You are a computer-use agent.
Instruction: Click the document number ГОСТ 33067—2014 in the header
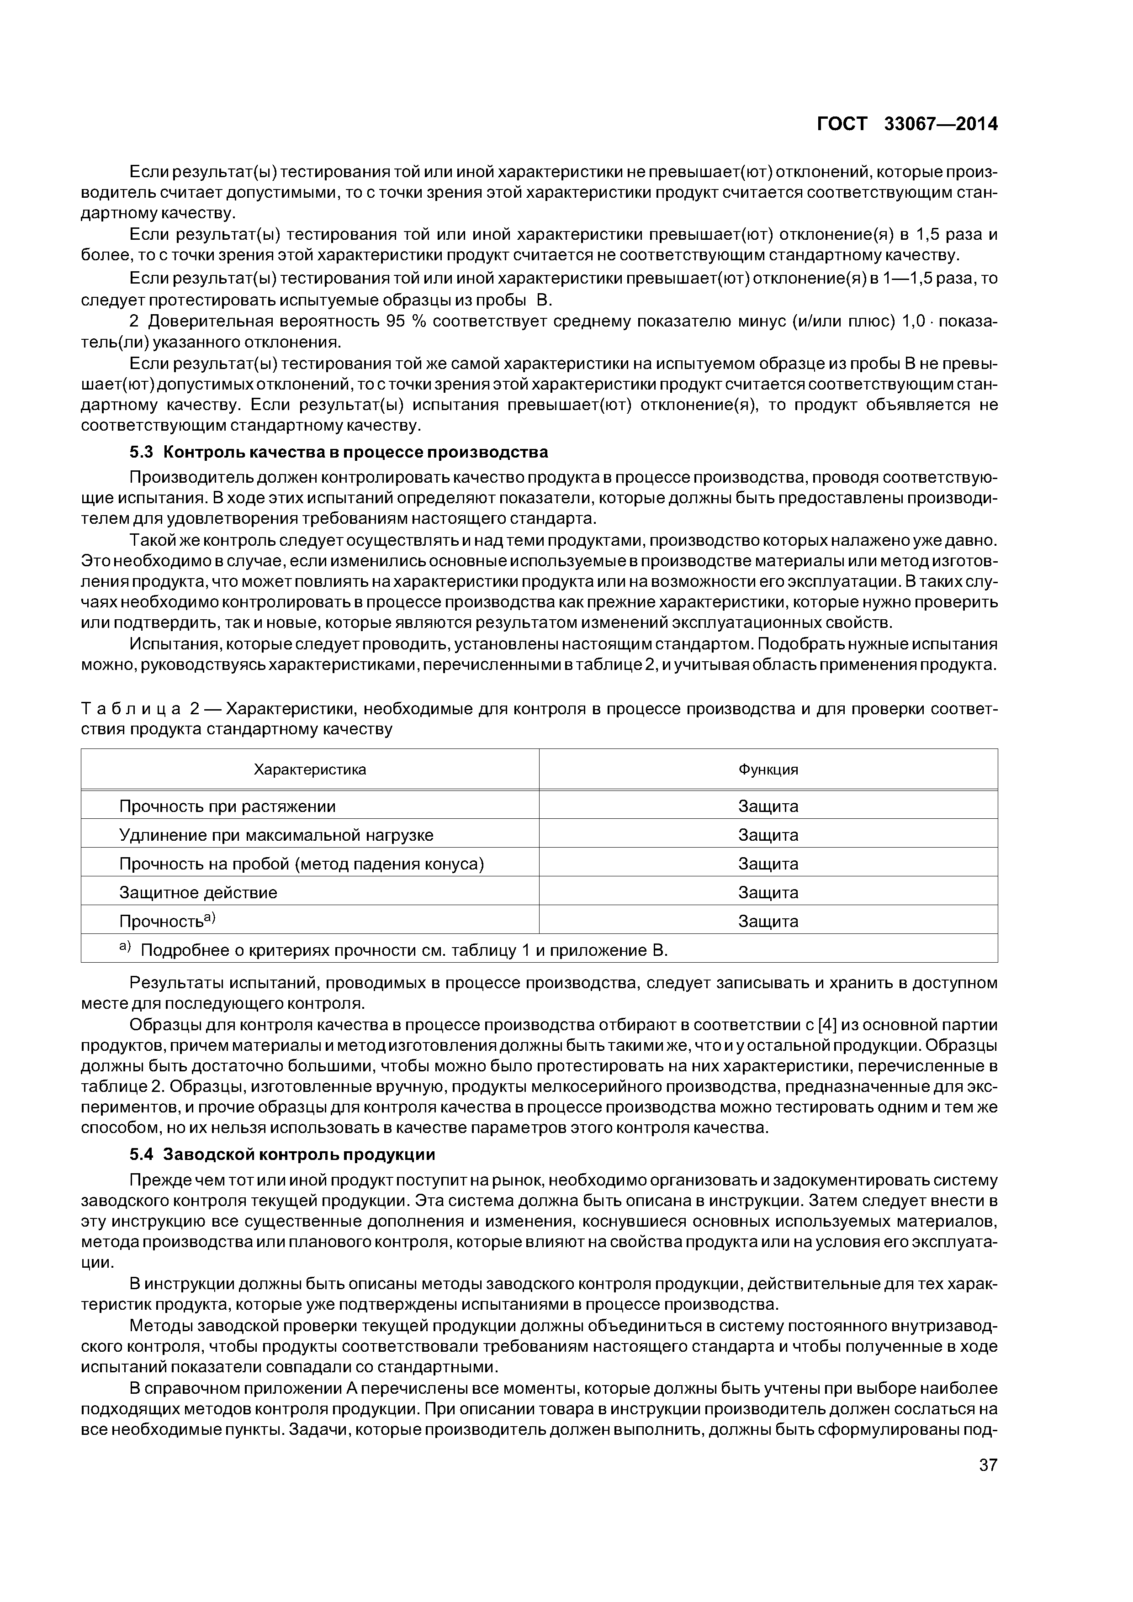coord(907,124)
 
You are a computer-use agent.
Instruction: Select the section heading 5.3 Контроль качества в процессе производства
coord(339,452)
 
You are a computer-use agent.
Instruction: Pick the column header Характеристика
coord(309,769)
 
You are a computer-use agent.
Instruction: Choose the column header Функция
coord(768,769)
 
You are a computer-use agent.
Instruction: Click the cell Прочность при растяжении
coord(228,806)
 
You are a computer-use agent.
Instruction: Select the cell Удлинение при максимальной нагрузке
coord(276,835)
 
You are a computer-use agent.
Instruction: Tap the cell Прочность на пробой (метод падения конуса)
coord(302,864)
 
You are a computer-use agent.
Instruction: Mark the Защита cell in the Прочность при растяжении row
coord(768,806)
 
